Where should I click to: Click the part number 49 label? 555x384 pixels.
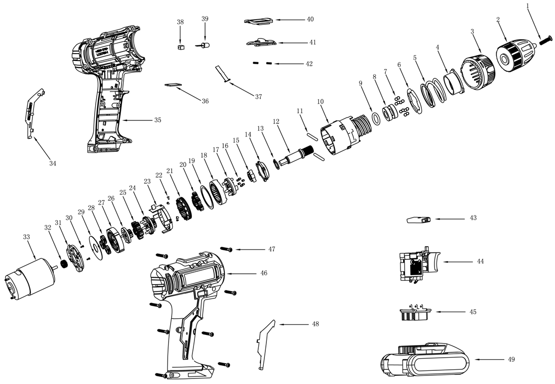click(x=511, y=359)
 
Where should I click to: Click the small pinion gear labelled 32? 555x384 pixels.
click(x=64, y=264)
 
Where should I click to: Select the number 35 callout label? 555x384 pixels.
click(x=157, y=120)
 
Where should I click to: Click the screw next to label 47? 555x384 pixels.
click(x=227, y=249)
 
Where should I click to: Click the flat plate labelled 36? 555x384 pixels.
click(x=174, y=84)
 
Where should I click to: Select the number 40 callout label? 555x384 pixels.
click(x=310, y=19)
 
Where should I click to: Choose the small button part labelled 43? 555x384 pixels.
click(x=419, y=220)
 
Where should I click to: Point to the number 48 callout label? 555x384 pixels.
click(x=315, y=324)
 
